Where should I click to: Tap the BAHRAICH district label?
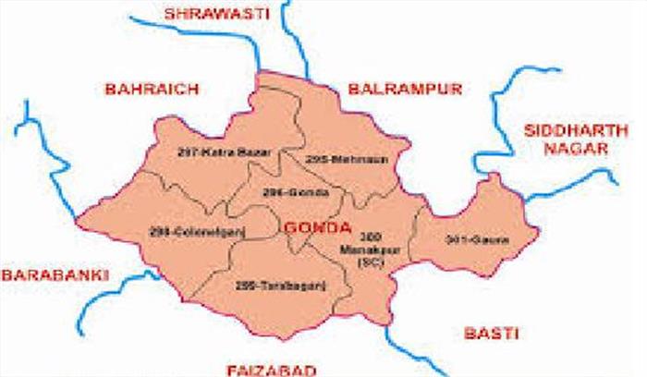coord(141,90)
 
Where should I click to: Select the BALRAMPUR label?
coord(392,90)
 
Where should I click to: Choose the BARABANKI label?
coord(55,274)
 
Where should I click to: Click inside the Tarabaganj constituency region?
coord(277,305)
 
